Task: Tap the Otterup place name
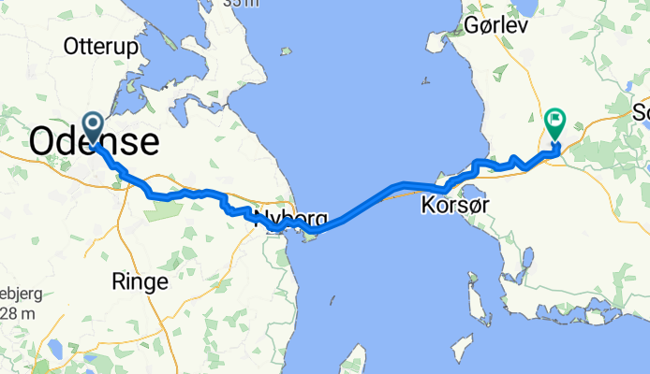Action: (x=100, y=46)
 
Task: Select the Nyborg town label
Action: (x=290, y=220)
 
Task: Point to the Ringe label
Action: (x=140, y=280)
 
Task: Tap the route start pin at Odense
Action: (x=94, y=124)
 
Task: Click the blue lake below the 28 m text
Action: (x=54, y=352)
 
